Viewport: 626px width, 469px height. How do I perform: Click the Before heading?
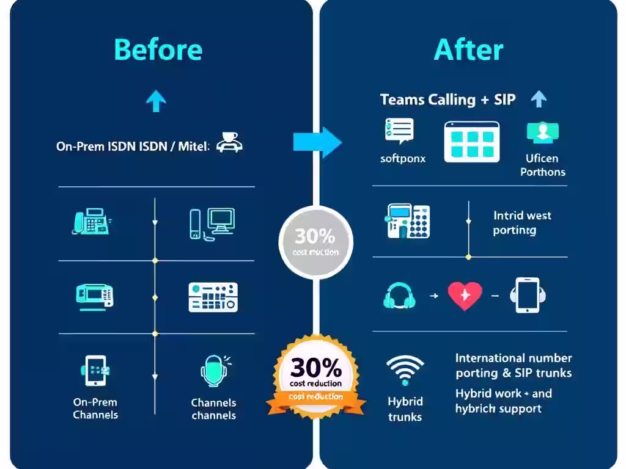click(158, 49)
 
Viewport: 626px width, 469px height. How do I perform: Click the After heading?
click(468, 49)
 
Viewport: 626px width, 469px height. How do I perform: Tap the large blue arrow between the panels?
click(317, 142)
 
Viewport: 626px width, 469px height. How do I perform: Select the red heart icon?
click(465, 295)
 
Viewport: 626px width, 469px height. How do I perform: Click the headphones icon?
click(400, 296)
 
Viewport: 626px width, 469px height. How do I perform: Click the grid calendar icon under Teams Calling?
click(471, 142)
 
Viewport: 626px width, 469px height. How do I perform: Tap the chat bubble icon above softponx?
click(399, 131)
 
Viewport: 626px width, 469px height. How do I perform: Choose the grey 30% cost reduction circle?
click(315, 242)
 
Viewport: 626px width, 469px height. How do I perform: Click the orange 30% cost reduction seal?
click(315, 376)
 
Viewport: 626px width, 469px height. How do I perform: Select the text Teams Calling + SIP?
click(447, 100)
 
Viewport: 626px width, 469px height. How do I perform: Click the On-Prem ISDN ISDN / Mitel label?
click(133, 147)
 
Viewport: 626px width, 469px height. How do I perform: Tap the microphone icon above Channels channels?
click(213, 371)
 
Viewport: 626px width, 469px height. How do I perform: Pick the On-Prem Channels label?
click(95, 409)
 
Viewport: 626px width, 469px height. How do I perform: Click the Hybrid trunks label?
click(405, 409)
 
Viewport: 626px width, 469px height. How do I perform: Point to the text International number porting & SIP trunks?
click(514, 365)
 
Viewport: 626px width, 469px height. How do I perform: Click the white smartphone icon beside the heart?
click(526, 295)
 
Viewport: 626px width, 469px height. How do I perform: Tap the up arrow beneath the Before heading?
click(156, 101)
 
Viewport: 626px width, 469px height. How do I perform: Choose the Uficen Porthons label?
click(542, 165)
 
